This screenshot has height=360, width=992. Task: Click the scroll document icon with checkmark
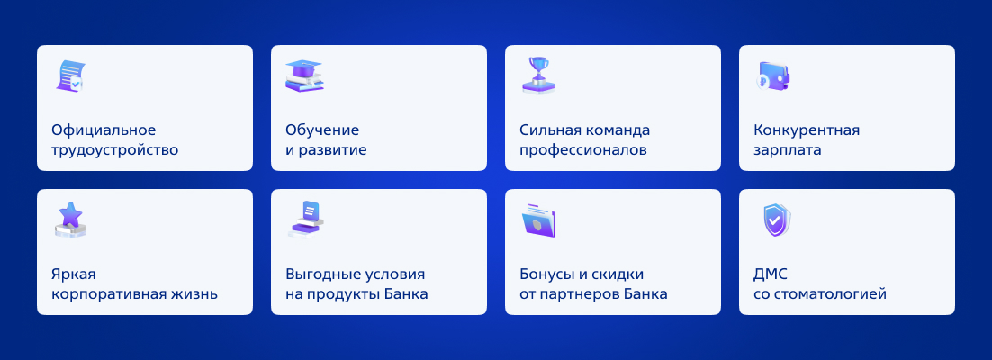pos(70,76)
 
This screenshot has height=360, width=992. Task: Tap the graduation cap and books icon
pos(303,76)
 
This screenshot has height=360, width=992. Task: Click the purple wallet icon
pos(773,76)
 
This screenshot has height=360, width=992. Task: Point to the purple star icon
pos(70,219)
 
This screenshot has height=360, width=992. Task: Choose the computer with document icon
pos(305,219)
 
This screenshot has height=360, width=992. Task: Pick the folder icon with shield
pos(539,220)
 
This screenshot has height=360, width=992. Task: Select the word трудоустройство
pos(114,149)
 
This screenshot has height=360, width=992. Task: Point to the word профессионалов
pos(583,149)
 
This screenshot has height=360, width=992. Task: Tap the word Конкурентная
pos(807,130)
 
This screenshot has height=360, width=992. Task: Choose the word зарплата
pos(787,149)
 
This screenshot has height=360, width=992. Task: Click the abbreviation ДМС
pos(771,274)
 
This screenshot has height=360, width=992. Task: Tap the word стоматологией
pos(830,293)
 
